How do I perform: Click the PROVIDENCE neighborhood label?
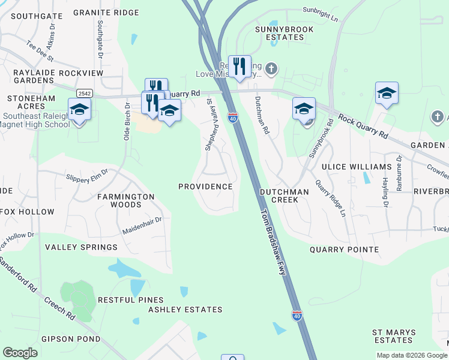205,187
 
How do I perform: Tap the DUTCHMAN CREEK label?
284,196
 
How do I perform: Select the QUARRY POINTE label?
344,250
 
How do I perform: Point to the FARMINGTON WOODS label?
127,200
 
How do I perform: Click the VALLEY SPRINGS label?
82,247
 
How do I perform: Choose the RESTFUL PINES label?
131,300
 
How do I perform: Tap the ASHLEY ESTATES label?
185,310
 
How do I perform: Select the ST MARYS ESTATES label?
392,336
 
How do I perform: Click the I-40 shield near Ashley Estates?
297,315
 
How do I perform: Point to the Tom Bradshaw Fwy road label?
273,241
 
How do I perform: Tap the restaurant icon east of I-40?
240,66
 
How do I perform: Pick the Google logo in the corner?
20,353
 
